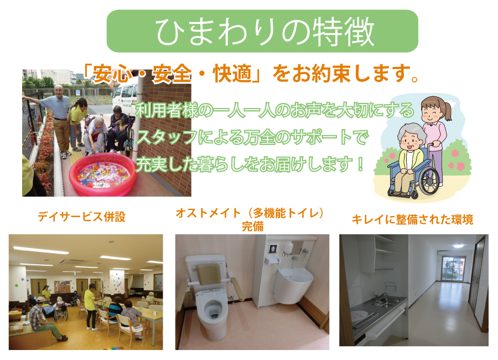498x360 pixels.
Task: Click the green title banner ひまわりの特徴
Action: (x=262, y=31)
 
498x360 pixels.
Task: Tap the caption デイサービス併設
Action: (x=82, y=217)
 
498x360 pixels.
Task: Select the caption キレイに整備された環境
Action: (x=413, y=219)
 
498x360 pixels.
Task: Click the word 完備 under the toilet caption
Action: (x=252, y=227)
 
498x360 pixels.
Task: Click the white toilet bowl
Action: (x=211, y=312)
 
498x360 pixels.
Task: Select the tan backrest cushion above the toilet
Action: (x=209, y=274)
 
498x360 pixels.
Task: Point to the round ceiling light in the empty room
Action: (x=458, y=245)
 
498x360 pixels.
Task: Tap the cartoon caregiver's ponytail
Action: (x=448, y=110)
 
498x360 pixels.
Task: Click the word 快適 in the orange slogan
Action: (x=232, y=74)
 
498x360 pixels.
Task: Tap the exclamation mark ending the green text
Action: (x=360, y=164)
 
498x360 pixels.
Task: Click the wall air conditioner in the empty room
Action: (x=444, y=253)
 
